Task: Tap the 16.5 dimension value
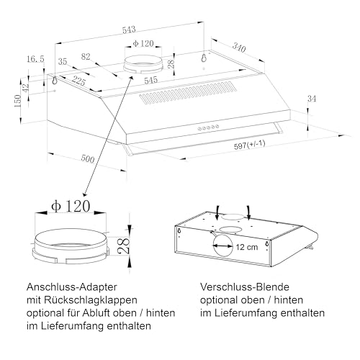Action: click(x=35, y=58)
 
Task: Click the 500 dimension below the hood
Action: click(x=87, y=158)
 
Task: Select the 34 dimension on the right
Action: click(x=311, y=98)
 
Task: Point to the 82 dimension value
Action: click(x=86, y=56)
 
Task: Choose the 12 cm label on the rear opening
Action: click(x=245, y=247)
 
